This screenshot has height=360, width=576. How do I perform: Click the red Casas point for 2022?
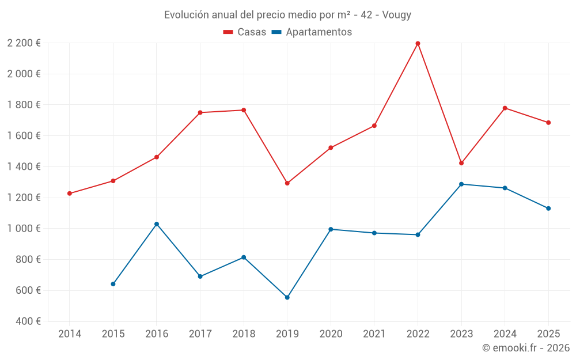coord(418,43)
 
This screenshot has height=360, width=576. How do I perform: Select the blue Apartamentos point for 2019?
coord(287,297)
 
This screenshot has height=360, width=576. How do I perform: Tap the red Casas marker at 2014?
coord(70,194)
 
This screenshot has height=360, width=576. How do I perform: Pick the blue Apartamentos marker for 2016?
coord(157,224)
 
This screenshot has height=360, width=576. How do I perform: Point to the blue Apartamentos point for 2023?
coord(461,184)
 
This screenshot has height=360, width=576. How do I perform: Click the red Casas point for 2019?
coord(287,183)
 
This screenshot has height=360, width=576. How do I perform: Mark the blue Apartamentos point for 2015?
coord(113,284)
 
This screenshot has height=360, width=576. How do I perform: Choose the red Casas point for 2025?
coord(548,123)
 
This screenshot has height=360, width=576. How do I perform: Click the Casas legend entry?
coord(245,32)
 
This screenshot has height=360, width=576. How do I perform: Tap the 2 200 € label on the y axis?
coord(24,43)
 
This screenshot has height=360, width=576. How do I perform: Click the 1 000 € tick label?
coord(24,229)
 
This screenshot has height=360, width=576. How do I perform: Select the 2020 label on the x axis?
coord(331,334)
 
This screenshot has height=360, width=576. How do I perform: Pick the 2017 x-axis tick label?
coord(200,334)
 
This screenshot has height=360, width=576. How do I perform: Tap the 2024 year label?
coord(505,334)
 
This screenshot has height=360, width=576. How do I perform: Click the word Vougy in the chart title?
coord(397,15)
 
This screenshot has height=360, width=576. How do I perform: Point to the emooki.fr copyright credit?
coord(525,348)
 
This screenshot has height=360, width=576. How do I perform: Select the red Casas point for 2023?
coord(461,163)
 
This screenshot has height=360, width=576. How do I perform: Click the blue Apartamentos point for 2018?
coord(244,257)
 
